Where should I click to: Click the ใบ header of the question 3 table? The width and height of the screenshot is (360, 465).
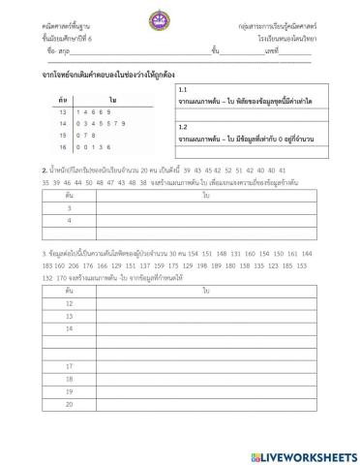(x=206, y=290)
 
